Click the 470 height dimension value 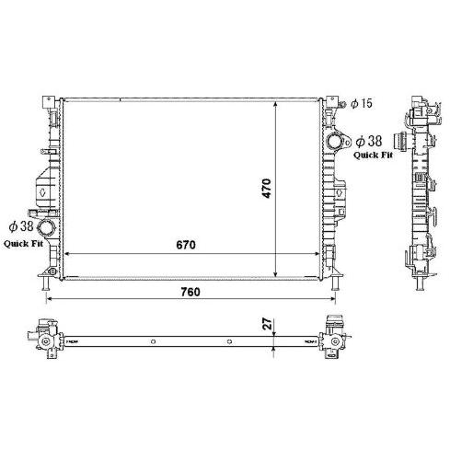click(x=267, y=189)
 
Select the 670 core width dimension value click(x=186, y=245)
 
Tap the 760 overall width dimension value click(x=190, y=292)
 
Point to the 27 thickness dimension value click(x=268, y=324)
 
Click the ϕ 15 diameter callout click(x=362, y=103)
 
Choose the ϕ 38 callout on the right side click(x=369, y=141)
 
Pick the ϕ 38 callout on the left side click(x=21, y=226)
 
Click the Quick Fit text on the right click(x=373, y=155)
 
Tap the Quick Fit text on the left click(x=23, y=244)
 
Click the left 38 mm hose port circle click(x=46, y=228)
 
